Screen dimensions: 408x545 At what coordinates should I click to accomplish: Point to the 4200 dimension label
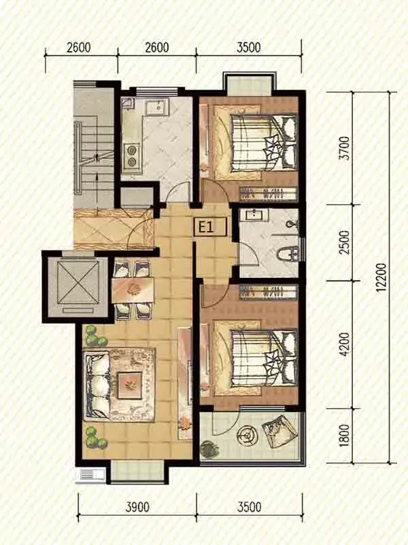click(344, 345)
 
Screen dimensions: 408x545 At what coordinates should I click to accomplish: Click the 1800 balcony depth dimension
click(344, 435)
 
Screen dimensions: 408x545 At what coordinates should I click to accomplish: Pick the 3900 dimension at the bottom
click(137, 507)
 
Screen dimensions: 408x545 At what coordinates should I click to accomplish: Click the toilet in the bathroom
click(288, 253)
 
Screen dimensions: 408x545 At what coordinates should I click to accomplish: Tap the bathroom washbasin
click(257, 215)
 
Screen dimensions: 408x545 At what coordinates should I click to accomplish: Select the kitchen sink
click(157, 107)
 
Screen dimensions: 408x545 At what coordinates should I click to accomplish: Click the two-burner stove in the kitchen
click(131, 156)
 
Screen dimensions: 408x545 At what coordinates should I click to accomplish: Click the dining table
click(133, 290)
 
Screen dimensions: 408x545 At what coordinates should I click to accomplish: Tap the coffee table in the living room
click(130, 385)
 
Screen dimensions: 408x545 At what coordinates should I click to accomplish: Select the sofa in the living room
click(97, 386)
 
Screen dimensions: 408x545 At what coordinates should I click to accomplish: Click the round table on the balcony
click(247, 435)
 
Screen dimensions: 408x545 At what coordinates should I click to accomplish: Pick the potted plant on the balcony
click(209, 448)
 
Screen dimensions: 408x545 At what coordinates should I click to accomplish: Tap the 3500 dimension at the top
click(248, 47)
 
